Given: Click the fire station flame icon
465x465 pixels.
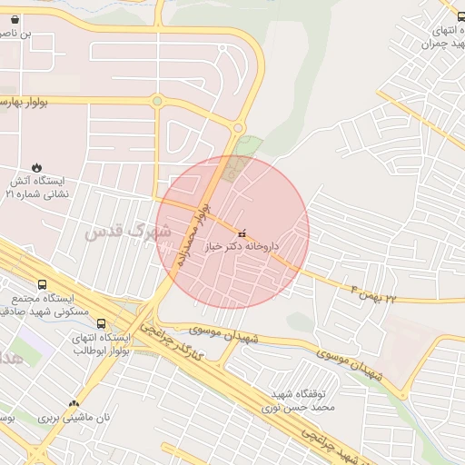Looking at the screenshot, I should (36, 166).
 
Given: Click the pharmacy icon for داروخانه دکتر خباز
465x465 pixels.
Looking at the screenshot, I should (241, 233).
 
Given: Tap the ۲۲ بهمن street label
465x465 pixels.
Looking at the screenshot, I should (373, 292).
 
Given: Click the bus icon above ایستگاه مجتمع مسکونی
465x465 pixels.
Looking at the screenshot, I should (42, 285).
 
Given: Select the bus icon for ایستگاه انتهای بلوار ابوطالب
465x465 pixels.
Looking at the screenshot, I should (100, 323).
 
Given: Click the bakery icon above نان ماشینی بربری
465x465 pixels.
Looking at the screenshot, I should (74, 403).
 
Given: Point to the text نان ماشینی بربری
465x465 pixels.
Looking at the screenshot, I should (73, 418).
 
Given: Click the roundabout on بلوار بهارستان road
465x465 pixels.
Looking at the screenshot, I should (157, 102).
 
